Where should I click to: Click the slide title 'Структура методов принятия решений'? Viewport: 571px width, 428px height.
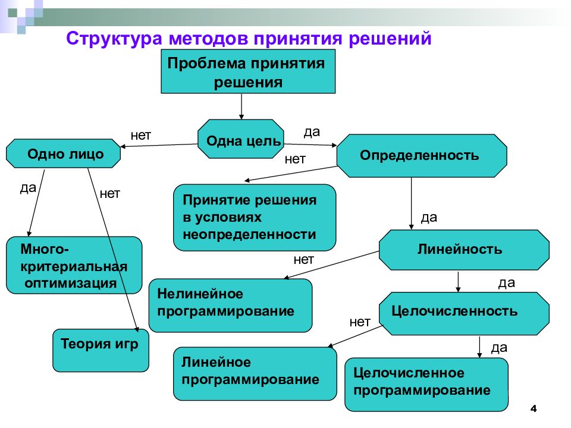(x=249, y=39)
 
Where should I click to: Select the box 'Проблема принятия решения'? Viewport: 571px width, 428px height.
(x=248, y=72)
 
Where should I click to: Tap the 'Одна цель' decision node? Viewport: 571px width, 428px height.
(x=241, y=139)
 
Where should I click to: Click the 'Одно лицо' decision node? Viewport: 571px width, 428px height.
(x=64, y=153)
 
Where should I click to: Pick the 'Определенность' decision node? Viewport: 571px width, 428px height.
(x=422, y=156)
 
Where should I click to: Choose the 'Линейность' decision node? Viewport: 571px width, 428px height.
(x=464, y=250)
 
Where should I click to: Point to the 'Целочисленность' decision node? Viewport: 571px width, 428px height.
(x=464, y=313)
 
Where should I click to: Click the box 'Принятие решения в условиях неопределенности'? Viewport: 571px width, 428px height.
(x=255, y=218)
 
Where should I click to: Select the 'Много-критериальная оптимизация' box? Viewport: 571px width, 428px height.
(x=74, y=265)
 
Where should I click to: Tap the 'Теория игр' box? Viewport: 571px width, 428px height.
(x=101, y=350)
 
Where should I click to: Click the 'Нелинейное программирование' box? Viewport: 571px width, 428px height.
(x=231, y=306)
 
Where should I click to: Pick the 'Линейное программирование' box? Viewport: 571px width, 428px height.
(x=255, y=374)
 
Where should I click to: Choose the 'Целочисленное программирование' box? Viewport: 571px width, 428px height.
(x=426, y=385)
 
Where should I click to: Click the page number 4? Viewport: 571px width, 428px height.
(x=534, y=408)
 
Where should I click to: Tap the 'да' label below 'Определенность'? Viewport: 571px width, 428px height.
(x=429, y=218)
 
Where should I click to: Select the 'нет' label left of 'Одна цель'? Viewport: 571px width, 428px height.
(x=141, y=136)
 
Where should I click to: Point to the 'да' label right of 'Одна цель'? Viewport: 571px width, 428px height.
(x=312, y=132)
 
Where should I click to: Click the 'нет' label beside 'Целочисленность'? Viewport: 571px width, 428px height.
(x=360, y=322)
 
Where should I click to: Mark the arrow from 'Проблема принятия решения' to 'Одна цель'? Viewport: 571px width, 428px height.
(x=241, y=106)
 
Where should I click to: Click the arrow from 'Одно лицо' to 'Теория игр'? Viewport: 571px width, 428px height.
(x=113, y=250)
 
